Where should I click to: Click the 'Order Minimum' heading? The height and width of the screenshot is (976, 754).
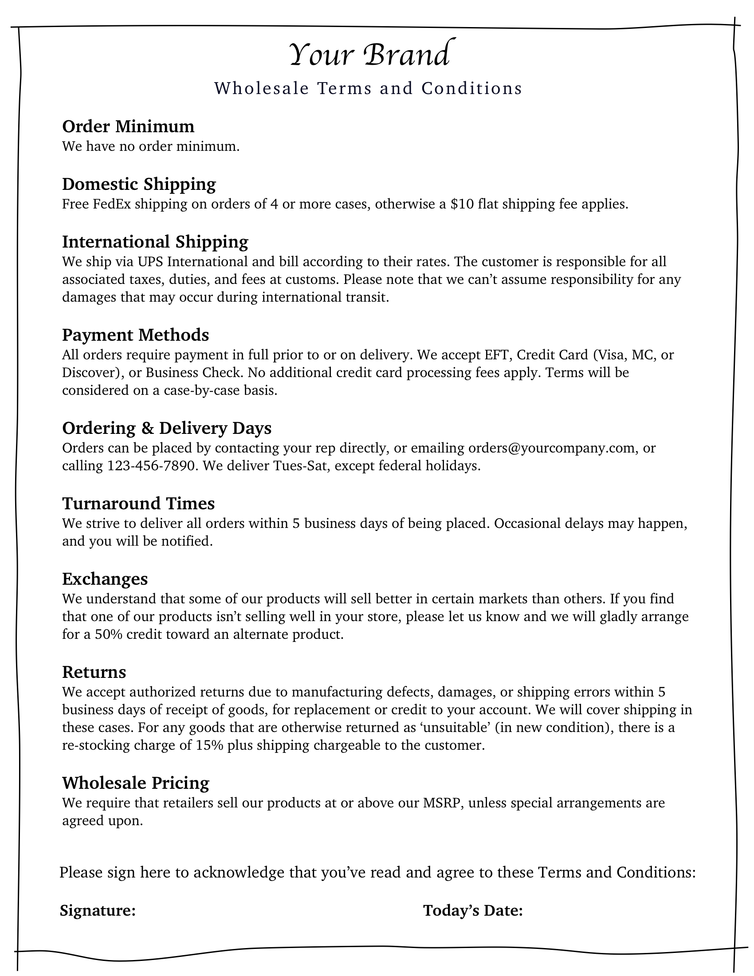pyautogui.click(x=128, y=126)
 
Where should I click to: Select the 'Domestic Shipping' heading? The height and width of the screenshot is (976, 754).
pyautogui.click(x=139, y=184)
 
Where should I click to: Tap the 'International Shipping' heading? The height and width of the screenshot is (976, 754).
pyautogui.click(x=155, y=242)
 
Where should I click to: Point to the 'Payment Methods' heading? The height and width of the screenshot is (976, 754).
pyautogui.click(x=135, y=335)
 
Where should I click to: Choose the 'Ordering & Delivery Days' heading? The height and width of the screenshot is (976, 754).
pyautogui.click(x=167, y=428)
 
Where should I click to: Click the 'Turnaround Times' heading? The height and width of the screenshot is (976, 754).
pyautogui.click(x=138, y=504)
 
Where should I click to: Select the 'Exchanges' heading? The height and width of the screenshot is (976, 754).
pyautogui.click(x=105, y=579)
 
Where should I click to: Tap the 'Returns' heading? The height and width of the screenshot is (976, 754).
pyautogui.click(x=94, y=672)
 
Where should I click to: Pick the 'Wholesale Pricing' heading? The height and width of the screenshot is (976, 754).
pyautogui.click(x=135, y=783)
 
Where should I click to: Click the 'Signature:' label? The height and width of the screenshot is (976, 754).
pyautogui.click(x=98, y=910)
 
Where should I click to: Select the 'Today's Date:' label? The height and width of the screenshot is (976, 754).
pyautogui.click(x=473, y=910)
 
